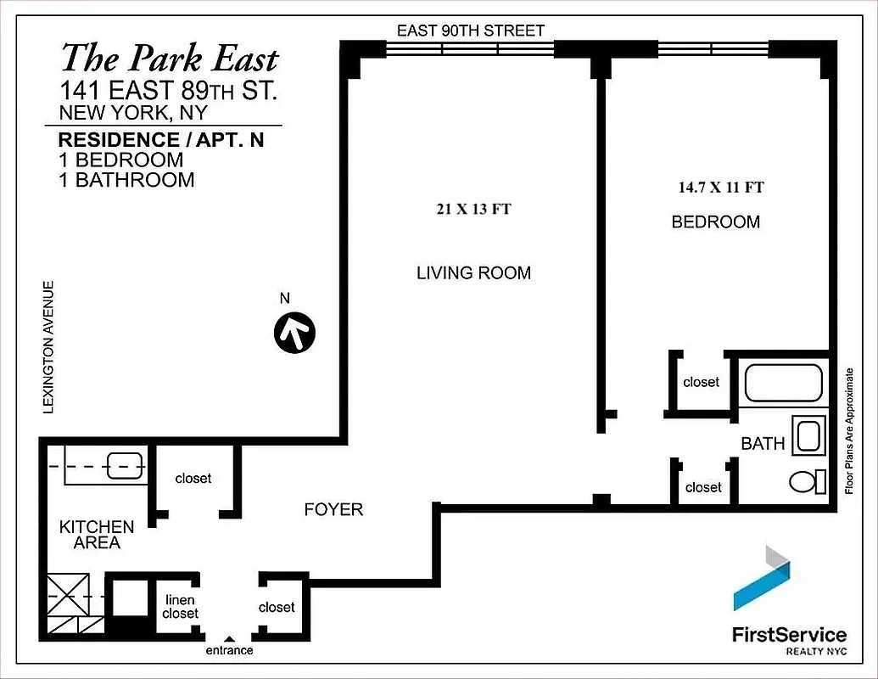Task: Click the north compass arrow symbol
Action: (x=294, y=332)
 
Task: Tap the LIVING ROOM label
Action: (x=473, y=272)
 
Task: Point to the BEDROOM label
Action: (x=715, y=222)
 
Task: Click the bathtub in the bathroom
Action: (x=783, y=383)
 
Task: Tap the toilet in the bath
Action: (x=807, y=482)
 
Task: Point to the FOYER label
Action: (x=333, y=509)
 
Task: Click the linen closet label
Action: (x=181, y=607)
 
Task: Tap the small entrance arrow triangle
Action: (x=227, y=639)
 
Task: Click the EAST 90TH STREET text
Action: (x=471, y=31)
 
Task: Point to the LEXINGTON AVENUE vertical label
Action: (x=49, y=347)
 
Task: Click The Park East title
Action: (x=169, y=59)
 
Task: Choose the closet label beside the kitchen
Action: (x=193, y=479)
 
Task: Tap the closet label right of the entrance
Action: (x=277, y=607)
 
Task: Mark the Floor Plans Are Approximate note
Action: (x=847, y=430)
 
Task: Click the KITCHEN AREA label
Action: (x=96, y=535)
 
